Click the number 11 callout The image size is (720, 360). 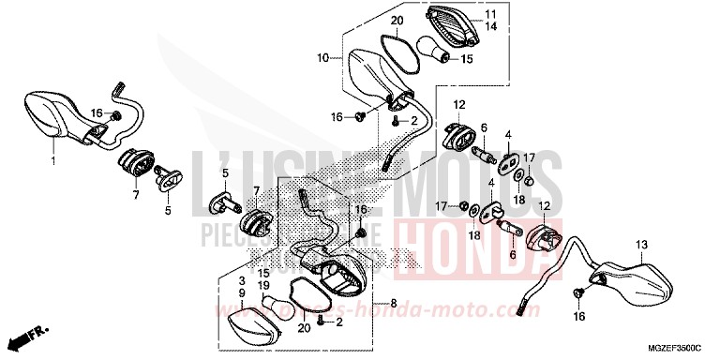tap(489, 15)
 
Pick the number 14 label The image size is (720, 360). tap(489, 27)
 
